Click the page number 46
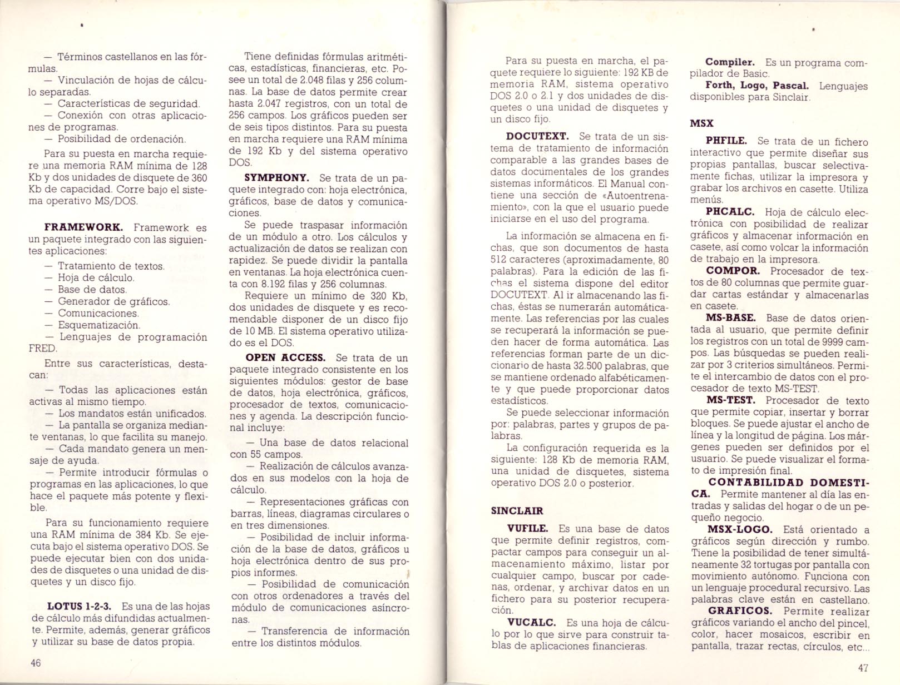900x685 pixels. [36, 663]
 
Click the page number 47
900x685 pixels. [863, 668]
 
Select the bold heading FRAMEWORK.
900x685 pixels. [83, 227]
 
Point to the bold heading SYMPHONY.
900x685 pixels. [276, 178]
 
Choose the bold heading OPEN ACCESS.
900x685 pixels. [285, 358]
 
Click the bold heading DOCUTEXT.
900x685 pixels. [537, 137]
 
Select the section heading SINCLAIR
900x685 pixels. [517, 511]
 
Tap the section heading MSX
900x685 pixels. [701, 123]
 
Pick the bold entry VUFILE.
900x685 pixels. [527, 529]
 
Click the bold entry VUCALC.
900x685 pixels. [528, 623]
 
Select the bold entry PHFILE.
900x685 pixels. [726, 141]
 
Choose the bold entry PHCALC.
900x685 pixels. [730, 212]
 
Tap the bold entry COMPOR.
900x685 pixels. [733, 271]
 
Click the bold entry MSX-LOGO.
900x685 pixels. [739, 529]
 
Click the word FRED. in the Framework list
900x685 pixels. [43, 349]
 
